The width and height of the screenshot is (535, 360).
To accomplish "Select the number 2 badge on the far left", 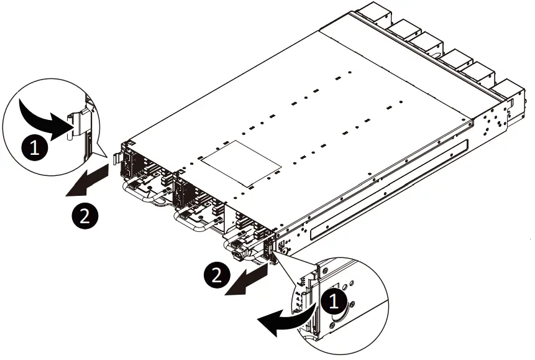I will click(85, 216).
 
